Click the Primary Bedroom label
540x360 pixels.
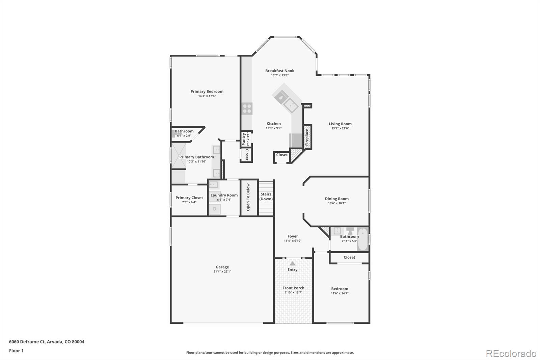point(207,92)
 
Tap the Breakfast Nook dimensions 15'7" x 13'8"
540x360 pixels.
point(279,75)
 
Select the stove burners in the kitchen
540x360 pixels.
point(247,108)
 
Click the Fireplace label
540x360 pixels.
point(307,137)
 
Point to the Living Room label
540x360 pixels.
point(340,124)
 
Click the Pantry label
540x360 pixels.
point(244,139)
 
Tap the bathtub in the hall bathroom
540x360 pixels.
point(362,239)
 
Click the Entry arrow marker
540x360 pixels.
point(292,263)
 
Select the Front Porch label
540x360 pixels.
point(293,288)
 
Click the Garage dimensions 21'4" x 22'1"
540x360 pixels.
point(222,272)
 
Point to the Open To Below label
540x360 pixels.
point(248,197)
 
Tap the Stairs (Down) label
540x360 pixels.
point(266,197)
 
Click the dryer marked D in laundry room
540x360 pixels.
point(215,209)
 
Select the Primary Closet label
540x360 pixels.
point(189,198)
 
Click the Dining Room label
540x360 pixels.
point(336,199)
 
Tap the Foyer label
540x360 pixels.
point(293,236)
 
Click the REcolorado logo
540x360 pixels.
point(511,353)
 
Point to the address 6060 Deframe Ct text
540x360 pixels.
point(47,341)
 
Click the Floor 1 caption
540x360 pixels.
point(16,351)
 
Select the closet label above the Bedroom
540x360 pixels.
point(349,257)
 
